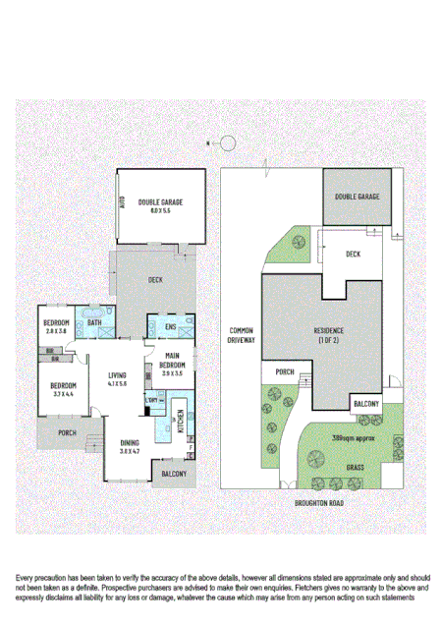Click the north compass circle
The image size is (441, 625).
(x=228, y=143)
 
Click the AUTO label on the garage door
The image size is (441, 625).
(x=123, y=205)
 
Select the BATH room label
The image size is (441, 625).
(x=95, y=321)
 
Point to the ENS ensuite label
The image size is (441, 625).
(x=170, y=326)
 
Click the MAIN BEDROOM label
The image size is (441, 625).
(x=172, y=360)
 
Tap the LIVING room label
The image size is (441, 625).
(x=118, y=375)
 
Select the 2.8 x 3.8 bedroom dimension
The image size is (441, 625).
(x=55, y=331)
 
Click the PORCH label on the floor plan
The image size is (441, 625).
(x=67, y=432)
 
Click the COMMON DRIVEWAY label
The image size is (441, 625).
(x=242, y=334)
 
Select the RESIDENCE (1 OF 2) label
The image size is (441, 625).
(x=328, y=334)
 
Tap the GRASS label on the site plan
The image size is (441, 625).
(x=355, y=469)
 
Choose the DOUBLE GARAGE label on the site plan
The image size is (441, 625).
(x=358, y=197)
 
